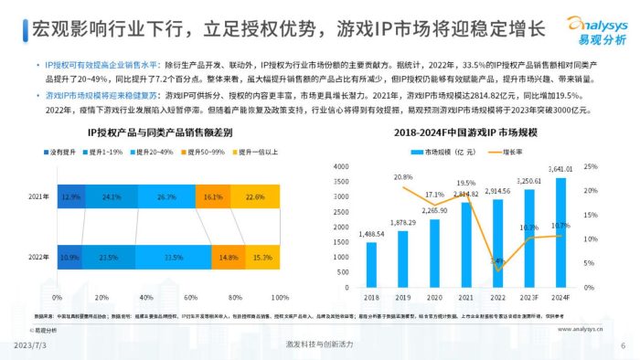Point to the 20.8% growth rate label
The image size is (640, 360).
click(x=403, y=176)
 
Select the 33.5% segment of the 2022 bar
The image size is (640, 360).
click(x=168, y=257)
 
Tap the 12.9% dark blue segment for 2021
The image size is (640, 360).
click(x=71, y=196)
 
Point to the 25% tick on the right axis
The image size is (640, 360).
click(x=591, y=166)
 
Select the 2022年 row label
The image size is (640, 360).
click(x=39, y=257)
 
